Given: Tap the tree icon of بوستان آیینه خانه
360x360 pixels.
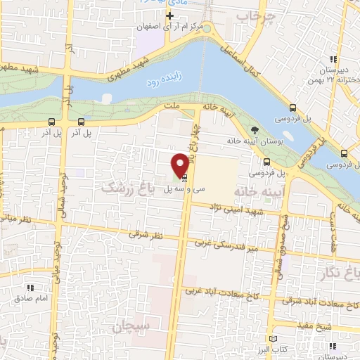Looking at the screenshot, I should click(255, 129).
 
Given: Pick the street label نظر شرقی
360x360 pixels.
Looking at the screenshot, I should click(146, 235).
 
